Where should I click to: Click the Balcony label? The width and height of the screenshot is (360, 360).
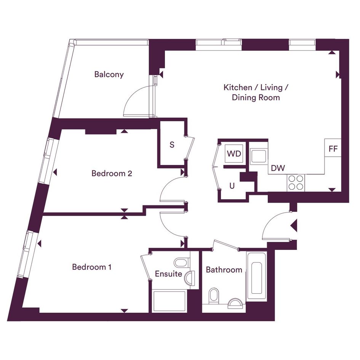[109, 74]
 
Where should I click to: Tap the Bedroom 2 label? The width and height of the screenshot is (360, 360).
[112, 173]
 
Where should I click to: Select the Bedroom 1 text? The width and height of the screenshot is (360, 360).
[92, 267]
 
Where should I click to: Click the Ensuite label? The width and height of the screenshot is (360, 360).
[168, 274]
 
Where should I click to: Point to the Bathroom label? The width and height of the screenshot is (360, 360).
[224, 270]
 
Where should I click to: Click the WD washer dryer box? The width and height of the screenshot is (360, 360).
[234, 154]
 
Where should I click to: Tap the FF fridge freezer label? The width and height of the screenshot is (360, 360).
[333, 149]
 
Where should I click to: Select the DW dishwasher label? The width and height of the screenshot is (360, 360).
[278, 168]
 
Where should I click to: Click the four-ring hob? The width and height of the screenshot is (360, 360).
[296, 183]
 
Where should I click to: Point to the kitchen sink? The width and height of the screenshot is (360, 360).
[259, 156]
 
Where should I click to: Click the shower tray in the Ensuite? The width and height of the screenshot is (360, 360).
[169, 301]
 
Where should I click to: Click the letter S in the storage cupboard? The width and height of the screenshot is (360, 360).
[172, 145]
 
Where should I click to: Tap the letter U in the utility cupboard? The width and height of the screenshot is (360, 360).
[232, 186]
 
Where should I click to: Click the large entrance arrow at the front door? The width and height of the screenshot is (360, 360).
[294, 225]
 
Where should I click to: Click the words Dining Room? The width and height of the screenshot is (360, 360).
[256, 98]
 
